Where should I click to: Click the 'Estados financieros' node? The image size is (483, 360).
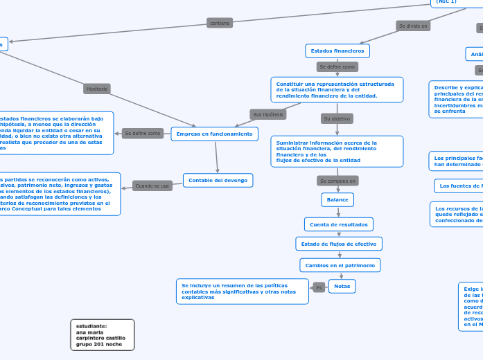tap(337, 51)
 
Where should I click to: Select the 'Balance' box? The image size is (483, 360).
tap(338, 199)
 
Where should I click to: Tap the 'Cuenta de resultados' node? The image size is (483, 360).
tap(339, 224)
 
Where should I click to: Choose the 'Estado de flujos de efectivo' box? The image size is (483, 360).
tap(339, 244)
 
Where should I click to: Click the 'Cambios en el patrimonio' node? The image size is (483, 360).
tap(340, 265)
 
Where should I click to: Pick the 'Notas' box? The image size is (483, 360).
tap(342, 286)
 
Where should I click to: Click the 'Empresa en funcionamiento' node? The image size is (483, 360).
tap(215, 134)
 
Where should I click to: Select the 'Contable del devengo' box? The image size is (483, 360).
tap(218, 181)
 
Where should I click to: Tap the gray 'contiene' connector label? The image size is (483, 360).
tap(220, 23)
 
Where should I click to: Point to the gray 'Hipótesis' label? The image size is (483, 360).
tap(97, 89)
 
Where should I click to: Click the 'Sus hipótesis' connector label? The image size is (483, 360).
tap(268, 114)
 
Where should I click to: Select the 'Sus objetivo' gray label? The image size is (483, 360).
tap(337, 118)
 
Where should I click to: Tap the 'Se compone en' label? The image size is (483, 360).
tap(337, 181)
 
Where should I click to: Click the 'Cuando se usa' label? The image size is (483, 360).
tap(152, 186)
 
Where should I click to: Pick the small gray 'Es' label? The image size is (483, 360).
tap(319, 287)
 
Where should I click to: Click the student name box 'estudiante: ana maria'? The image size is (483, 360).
tap(102, 334)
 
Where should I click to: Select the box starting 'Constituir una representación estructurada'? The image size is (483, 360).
tap(337, 90)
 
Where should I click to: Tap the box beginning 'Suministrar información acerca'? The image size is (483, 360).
tap(337, 151)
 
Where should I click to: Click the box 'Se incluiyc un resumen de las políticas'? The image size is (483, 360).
tap(243, 291)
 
